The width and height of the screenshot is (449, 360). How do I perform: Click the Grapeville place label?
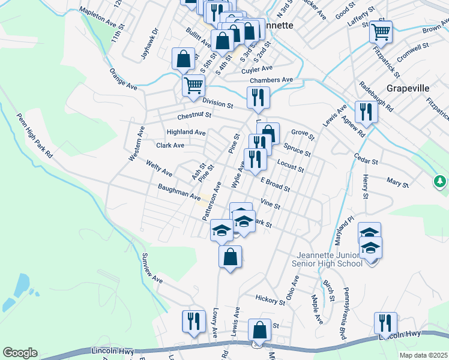[x=408, y=88]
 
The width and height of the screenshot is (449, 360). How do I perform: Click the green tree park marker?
[x=441, y=181]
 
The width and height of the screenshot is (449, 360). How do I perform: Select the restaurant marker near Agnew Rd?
[x=365, y=111]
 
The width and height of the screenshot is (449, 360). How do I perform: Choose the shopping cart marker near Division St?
[x=193, y=85]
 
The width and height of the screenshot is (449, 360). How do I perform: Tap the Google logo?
[x=20, y=353]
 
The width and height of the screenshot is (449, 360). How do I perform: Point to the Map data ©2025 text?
[x=423, y=355]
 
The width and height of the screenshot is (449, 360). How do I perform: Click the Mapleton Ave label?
[x=97, y=16]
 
